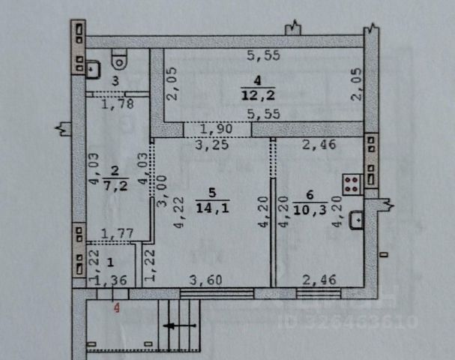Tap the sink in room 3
tap(94, 68)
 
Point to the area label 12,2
tap(252, 93)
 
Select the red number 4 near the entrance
tap(115, 306)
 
